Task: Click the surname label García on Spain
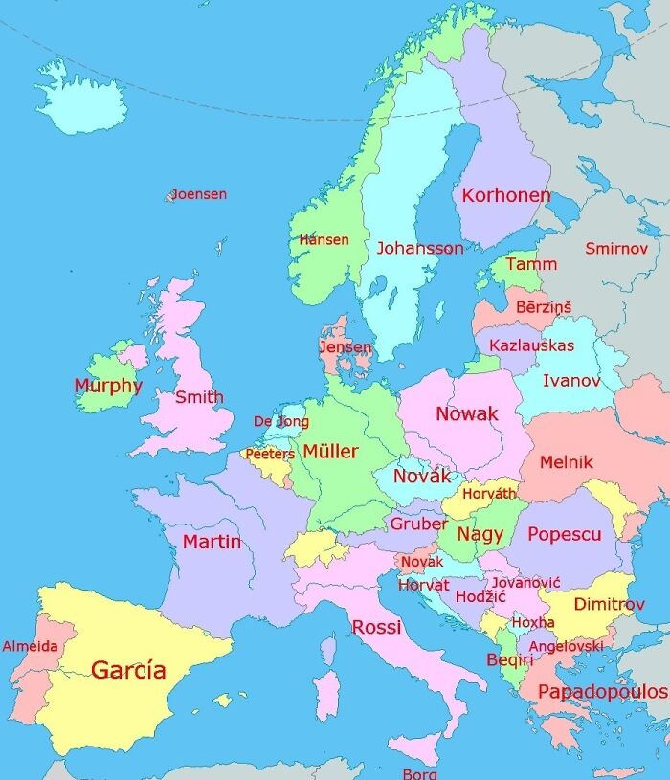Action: pos(128,670)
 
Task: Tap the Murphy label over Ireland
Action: pos(108,387)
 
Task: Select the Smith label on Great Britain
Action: pos(199,396)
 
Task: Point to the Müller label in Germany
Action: pos(330,452)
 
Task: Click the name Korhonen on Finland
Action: pos(505,196)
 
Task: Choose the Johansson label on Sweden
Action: pos(419,248)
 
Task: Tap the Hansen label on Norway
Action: pos(324,240)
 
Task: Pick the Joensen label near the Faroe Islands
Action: pos(199,194)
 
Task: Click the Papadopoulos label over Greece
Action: pos(602,691)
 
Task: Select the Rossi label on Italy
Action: pos(376,628)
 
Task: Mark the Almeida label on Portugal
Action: pos(30,647)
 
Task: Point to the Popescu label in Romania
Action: pos(564,535)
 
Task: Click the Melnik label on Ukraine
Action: pos(566,462)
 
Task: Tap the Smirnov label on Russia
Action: pos(616,249)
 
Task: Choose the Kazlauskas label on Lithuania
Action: pos(531,345)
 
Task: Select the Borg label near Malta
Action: pos(419,773)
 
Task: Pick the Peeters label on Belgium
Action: pos(270,454)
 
